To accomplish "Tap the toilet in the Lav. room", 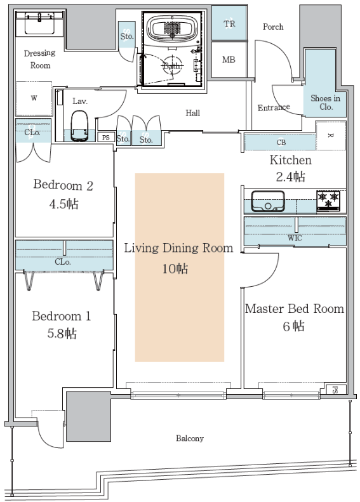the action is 79,126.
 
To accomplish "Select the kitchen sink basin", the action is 268,201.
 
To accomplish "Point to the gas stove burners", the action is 328,200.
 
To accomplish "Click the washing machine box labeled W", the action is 34,98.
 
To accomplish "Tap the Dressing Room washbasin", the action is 39,23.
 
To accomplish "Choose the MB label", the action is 229,60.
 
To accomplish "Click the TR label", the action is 229,23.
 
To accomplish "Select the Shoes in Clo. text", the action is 326,102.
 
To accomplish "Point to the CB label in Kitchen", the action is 281,142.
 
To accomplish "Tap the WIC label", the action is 295,238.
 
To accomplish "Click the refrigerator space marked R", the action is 331,135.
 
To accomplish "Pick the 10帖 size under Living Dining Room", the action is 175,268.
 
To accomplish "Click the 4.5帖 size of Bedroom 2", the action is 63,204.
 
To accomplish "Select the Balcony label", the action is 190,439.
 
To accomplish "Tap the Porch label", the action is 273,27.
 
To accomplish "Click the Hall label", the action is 193,113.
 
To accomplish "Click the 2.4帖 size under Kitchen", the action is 291,176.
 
